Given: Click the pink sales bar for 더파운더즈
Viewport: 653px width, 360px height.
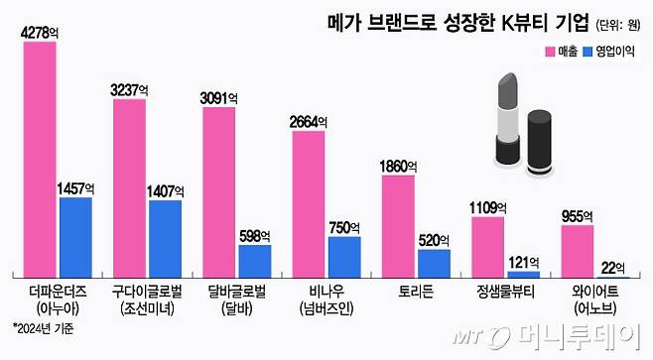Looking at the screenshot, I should [40, 159].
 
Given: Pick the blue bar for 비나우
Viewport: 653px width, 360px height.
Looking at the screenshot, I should [343, 257].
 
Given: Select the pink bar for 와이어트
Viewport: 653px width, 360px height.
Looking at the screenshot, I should [578, 251].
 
